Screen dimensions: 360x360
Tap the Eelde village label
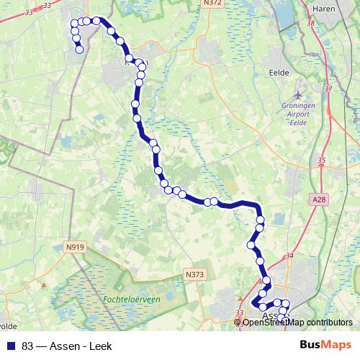coord(279,72)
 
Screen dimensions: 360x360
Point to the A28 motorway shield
coord(320,198)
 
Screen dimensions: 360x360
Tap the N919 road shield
coord(74,247)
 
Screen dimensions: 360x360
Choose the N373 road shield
coord(194,274)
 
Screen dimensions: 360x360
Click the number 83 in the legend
coord(28,346)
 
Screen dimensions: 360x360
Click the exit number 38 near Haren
coord(311,24)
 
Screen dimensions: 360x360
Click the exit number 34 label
coord(289,256)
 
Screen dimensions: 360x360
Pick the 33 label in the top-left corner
coord(28,12)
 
